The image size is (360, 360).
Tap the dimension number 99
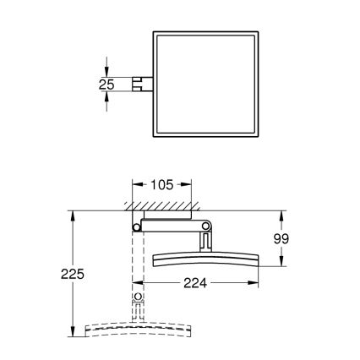point(281,239)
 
